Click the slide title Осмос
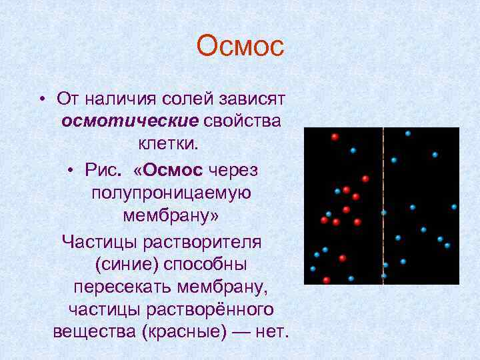(x=240, y=47)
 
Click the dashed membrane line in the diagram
(x=383, y=200)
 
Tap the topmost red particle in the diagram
(x=335, y=137)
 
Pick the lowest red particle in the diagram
(x=326, y=280)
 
